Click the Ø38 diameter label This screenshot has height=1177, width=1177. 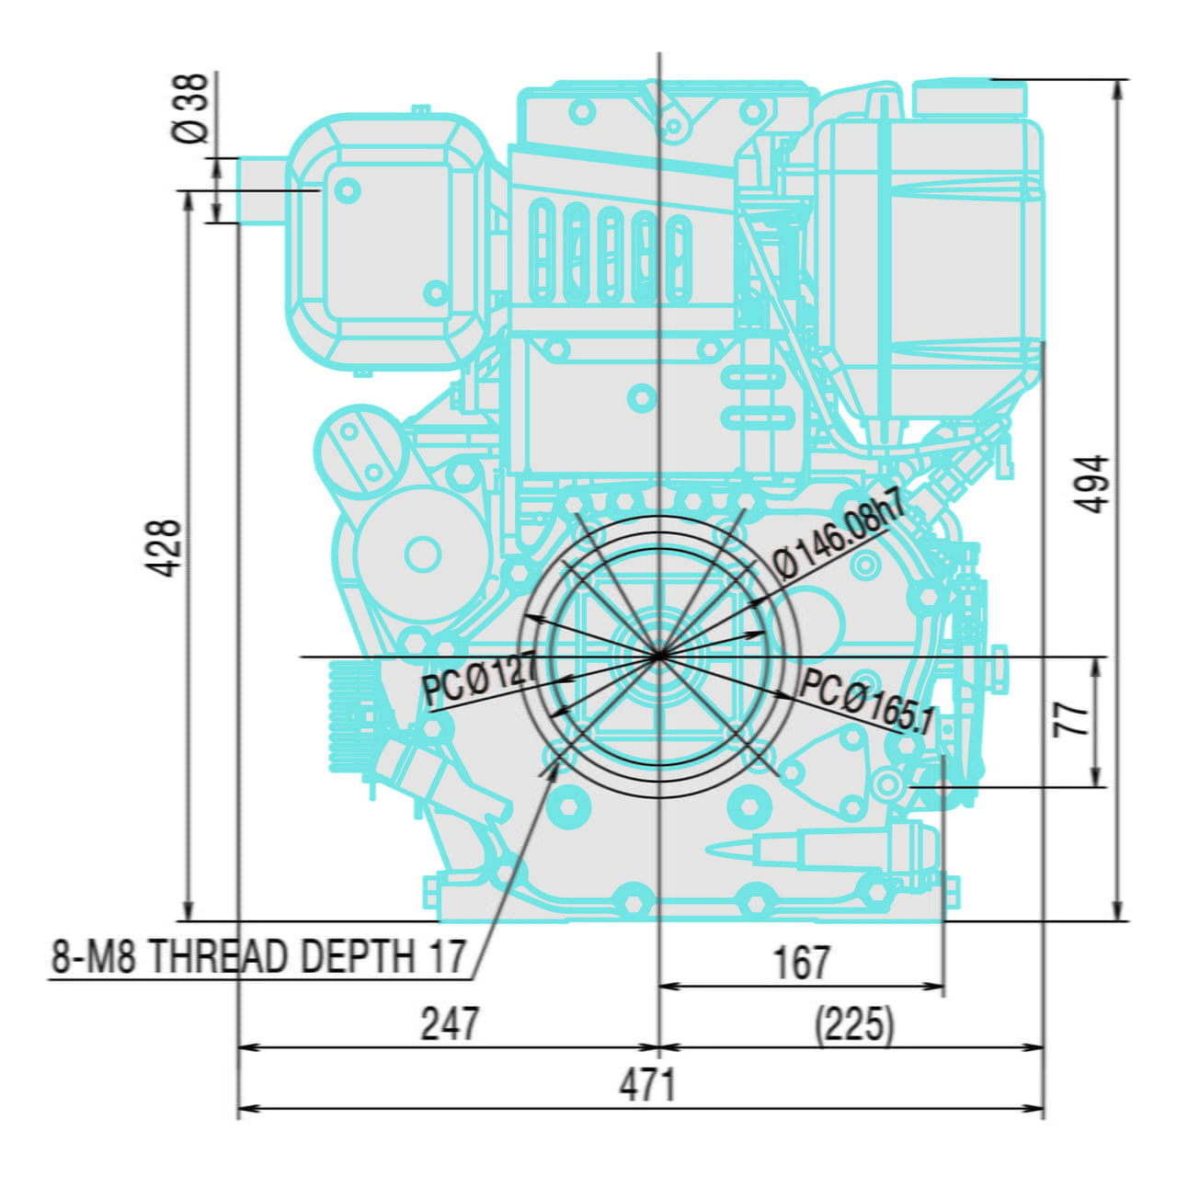(191, 109)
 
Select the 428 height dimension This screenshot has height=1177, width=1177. (166, 549)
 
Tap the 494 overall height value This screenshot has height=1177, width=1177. (1092, 484)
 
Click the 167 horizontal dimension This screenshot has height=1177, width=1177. (802, 963)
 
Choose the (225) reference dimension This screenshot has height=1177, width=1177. (854, 1024)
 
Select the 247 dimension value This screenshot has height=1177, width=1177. (450, 1024)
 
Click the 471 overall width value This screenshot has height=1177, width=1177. (647, 1086)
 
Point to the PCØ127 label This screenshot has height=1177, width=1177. (479, 680)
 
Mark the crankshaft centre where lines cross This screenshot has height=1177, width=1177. (659, 656)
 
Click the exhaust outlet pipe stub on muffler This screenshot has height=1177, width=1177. (262, 190)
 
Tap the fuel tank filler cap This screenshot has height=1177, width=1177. (969, 97)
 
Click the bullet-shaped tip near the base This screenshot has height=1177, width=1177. (726, 848)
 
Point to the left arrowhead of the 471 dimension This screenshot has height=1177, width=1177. (245, 1108)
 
